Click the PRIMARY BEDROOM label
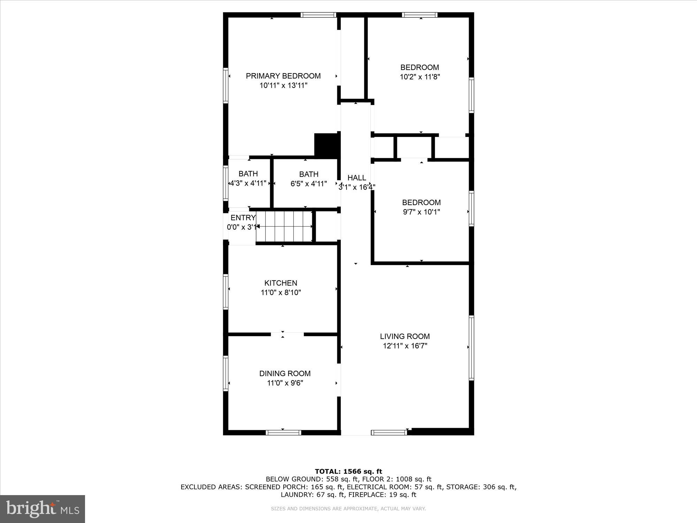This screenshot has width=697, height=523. (283, 76)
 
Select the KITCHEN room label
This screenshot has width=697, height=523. (281, 283)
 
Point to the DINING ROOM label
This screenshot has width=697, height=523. (285, 373)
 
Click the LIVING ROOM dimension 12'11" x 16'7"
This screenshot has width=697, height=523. (405, 346)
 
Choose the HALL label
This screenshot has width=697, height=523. (357, 178)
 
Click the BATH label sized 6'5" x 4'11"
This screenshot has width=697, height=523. (308, 174)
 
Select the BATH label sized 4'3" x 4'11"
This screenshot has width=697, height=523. (248, 174)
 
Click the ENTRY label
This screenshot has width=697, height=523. (243, 218)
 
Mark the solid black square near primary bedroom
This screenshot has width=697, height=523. (327, 145)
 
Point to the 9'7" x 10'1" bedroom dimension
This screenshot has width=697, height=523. (421, 212)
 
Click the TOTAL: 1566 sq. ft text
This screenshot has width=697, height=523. (348, 472)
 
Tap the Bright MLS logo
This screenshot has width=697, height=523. (43, 509)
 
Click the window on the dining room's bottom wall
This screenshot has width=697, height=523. (283, 433)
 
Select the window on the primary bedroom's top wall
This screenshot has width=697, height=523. (318, 15)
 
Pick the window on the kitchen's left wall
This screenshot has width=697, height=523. (226, 292)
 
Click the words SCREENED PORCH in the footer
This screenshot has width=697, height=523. (268, 487)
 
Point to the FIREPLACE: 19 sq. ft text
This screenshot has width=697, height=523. (382, 495)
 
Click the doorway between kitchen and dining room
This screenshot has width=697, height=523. (287, 334)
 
